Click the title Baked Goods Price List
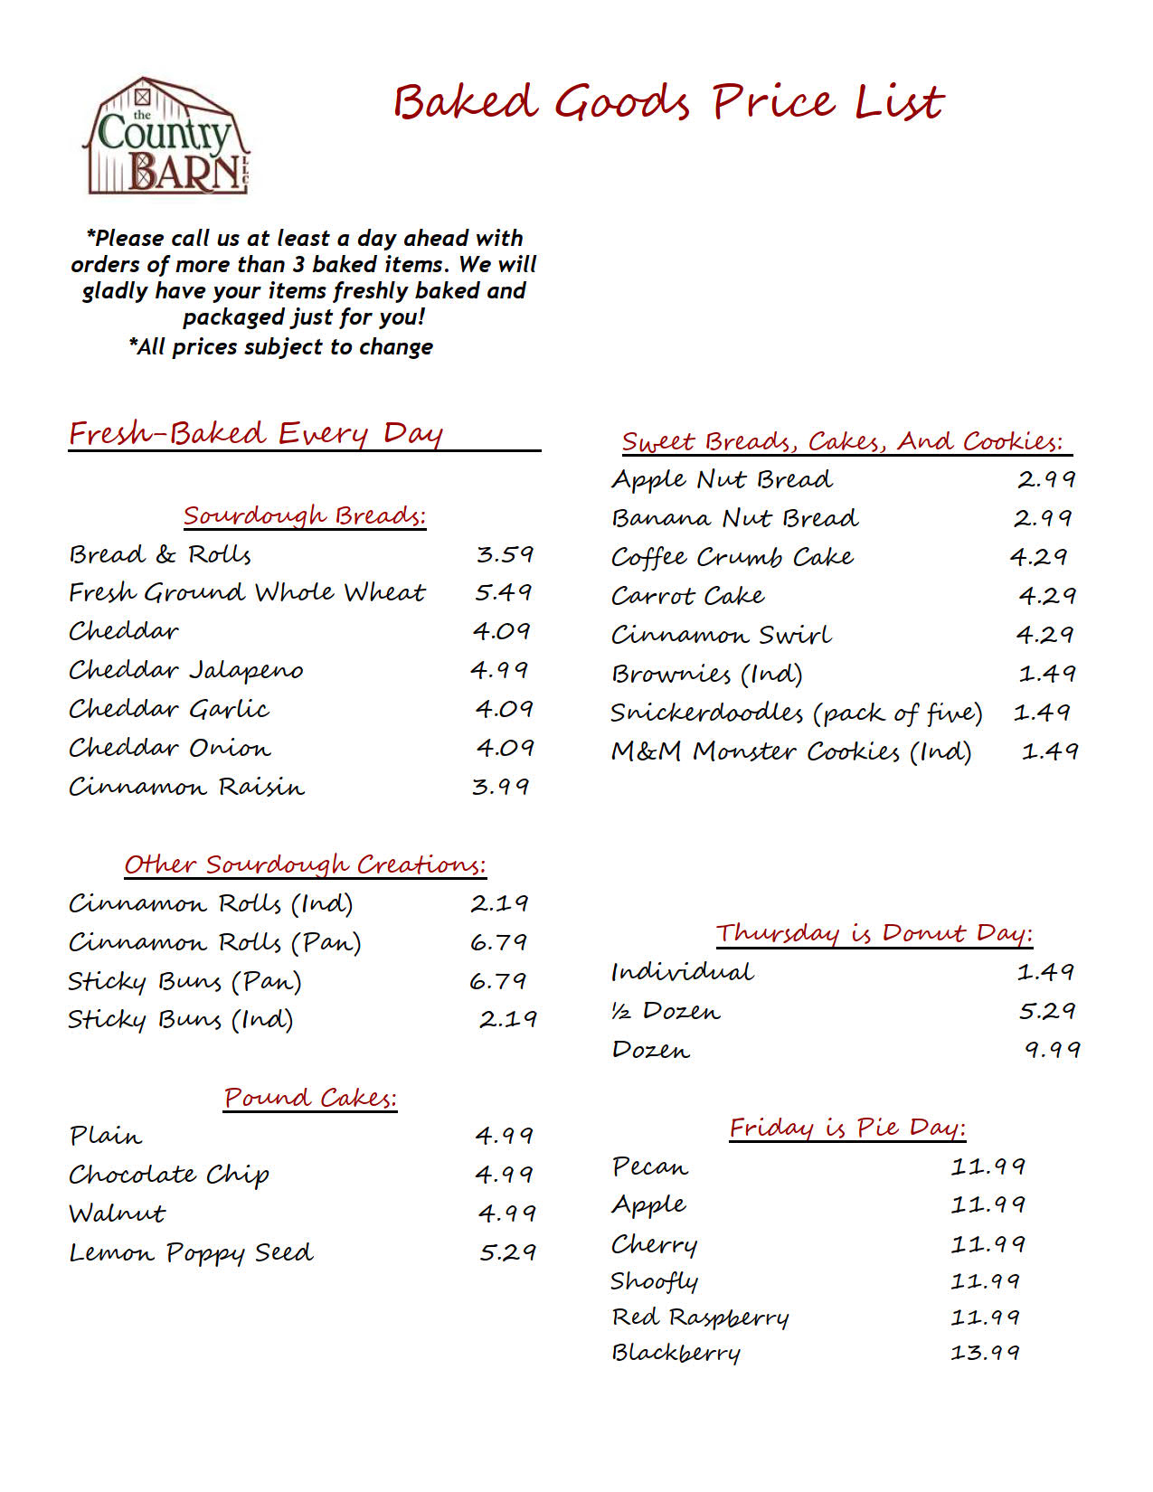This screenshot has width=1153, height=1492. point(668,101)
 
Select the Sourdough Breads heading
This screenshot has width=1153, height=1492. point(304,515)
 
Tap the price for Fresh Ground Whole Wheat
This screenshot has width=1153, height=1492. point(504,592)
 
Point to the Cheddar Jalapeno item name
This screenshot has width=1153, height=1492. point(186,670)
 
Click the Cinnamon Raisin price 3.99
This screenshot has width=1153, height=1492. point(500,787)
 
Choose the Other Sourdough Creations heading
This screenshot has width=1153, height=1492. point(305,864)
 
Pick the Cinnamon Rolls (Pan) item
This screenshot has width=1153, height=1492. point(215,942)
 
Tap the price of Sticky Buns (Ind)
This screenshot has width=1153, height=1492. point(507,1019)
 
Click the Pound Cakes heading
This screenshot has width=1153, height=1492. point(310,1098)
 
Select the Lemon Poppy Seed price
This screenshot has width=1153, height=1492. point(507,1252)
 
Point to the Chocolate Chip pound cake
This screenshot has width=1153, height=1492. point(169,1175)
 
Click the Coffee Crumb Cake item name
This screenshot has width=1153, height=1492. point(732,557)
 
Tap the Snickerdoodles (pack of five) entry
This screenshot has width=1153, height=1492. point(796,713)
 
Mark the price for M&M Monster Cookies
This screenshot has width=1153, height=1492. point(1049,751)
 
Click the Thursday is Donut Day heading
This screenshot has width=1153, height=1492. point(874,933)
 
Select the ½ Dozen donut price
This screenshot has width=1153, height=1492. point(1046,1011)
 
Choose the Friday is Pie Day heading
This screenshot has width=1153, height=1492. point(847,1128)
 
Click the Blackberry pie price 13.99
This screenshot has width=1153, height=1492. point(985,1353)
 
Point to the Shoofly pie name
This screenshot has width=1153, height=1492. point(654,1281)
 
